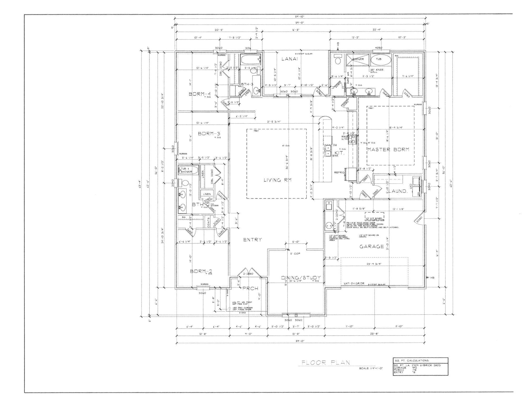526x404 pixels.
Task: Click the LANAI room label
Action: (289, 59)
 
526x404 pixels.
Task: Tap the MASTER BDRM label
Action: (388, 149)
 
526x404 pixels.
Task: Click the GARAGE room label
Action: (372, 246)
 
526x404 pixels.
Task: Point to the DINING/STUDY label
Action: (301, 278)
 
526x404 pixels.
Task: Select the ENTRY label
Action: (252, 239)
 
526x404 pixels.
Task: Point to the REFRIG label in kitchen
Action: (339, 173)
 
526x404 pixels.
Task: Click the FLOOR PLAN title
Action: (326, 363)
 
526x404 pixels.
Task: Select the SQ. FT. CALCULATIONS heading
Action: (412, 361)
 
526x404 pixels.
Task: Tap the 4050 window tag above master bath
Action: (378, 48)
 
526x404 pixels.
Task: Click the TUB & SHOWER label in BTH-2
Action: (186, 170)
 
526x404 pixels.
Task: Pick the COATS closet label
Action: (208, 223)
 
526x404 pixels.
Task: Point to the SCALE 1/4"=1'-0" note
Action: (371, 368)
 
